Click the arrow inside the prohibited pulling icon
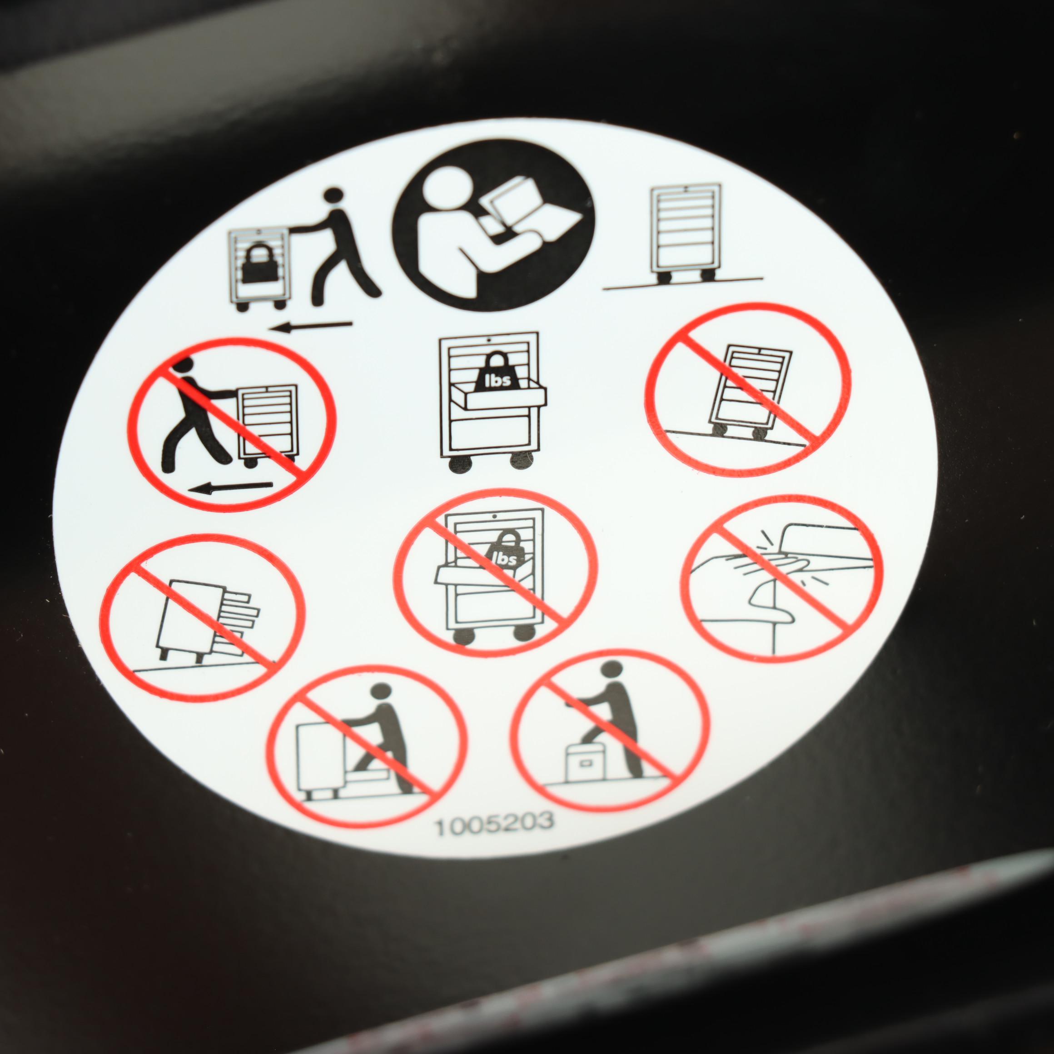pyautogui.click(x=230, y=487)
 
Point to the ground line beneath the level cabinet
pyautogui.click(x=682, y=283)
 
